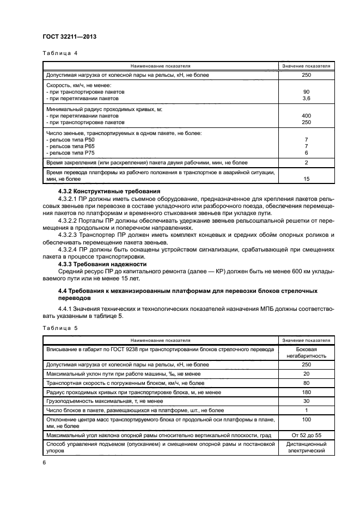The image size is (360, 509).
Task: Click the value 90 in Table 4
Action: (x=306, y=92)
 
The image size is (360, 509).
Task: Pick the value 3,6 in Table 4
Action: (x=306, y=99)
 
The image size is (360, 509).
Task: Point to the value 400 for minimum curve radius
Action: (x=306, y=116)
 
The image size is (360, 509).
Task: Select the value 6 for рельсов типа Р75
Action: (x=306, y=153)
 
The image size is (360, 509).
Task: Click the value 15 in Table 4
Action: (x=306, y=179)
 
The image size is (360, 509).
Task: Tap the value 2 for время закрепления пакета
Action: (x=306, y=163)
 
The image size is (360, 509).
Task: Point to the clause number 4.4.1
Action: (x=66, y=309)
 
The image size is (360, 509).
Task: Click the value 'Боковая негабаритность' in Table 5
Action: (x=306, y=353)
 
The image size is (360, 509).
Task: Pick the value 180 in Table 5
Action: (x=306, y=392)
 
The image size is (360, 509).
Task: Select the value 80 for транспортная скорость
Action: (x=306, y=383)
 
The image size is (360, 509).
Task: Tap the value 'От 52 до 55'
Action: (x=306, y=436)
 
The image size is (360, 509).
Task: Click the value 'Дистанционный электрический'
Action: (x=306, y=448)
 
